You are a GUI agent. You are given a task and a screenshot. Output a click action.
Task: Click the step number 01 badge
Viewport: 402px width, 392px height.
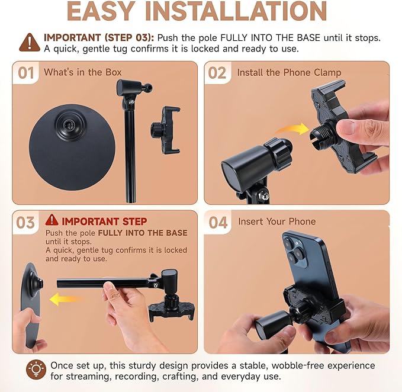pos(25,73)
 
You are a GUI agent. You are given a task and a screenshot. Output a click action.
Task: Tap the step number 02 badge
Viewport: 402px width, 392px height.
pos(217,73)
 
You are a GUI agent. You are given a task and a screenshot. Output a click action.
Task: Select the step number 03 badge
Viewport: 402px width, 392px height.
pos(25,223)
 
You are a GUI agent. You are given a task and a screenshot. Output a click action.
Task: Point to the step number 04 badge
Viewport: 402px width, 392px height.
pos(218,222)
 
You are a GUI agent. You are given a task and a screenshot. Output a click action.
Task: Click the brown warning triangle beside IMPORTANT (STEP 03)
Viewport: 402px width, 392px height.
pos(30,43)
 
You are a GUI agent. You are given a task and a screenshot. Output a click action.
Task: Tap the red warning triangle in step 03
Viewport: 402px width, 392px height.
pos(52,220)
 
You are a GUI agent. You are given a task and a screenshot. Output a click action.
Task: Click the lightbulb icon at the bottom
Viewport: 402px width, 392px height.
pos(36,369)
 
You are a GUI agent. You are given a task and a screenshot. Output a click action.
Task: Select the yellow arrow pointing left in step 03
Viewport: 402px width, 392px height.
pos(65,299)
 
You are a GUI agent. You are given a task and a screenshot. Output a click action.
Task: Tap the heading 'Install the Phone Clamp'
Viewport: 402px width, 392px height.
pos(289,73)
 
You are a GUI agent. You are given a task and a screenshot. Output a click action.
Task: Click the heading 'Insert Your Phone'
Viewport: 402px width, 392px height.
pos(277,221)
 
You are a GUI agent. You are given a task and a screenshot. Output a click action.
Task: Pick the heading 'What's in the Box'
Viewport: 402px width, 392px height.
pos(82,72)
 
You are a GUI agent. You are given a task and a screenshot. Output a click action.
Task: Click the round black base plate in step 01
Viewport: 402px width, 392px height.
pos(72,154)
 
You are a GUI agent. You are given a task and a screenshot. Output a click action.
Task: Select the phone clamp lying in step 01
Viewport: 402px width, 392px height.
pos(166,130)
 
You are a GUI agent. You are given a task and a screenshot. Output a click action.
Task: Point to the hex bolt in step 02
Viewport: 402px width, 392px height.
pos(264,196)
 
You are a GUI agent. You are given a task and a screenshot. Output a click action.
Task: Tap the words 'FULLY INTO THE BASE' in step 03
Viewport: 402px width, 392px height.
pos(143,233)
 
